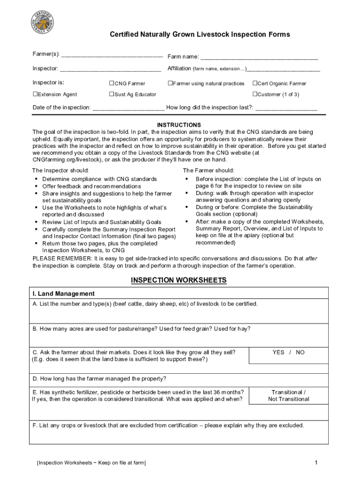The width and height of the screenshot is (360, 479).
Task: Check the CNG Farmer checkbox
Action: [x=112, y=83]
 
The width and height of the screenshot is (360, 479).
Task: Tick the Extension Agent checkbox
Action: [x=35, y=94]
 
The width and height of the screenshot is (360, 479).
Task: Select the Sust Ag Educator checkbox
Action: [x=112, y=94]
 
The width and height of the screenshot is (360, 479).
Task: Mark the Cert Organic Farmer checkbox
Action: [x=255, y=83]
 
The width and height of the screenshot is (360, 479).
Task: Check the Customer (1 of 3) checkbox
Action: [x=255, y=94]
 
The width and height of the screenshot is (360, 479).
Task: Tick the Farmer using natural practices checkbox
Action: [x=170, y=83]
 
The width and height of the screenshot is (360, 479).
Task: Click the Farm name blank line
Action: [x=259, y=58]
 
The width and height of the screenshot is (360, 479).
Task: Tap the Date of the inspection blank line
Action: [x=129, y=109]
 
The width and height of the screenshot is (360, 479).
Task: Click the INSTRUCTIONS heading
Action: [x=179, y=125]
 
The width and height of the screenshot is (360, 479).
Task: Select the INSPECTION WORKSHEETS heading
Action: [x=179, y=280]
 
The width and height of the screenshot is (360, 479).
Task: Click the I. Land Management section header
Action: [x=63, y=294]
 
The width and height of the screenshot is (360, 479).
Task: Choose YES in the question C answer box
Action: [x=278, y=352]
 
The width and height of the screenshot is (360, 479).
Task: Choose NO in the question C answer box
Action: [x=300, y=352]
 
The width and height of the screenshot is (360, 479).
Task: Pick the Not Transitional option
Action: [x=288, y=399]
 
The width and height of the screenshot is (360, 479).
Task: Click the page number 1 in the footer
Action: [x=317, y=463]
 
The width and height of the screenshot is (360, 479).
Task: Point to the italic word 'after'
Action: [x=311, y=258]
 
